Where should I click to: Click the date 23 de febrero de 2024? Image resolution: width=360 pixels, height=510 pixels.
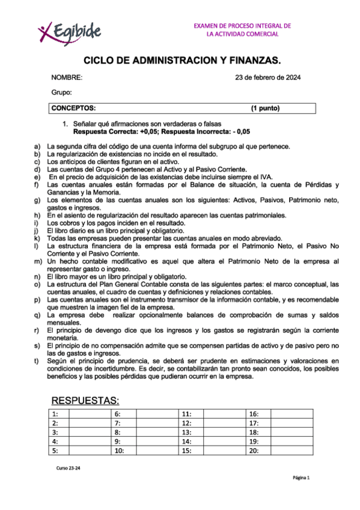pyautogui.click(x=267, y=78)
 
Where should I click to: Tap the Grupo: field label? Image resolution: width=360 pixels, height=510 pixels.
pyautogui.click(x=61, y=92)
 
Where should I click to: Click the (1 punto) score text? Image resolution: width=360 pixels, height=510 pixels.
pyautogui.click(x=265, y=108)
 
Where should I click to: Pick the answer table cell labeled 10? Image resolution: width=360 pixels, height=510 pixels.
pyautogui.click(x=119, y=450)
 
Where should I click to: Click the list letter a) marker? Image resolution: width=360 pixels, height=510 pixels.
pyautogui.click(x=37, y=146)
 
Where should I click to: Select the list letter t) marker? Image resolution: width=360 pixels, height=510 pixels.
pyautogui.click(x=36, y=361)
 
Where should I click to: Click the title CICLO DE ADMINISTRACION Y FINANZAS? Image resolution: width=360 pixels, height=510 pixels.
pyautogui.click(x=182, y=61)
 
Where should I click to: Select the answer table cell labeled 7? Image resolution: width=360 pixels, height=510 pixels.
pyautogui.click(x=118, y=423)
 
